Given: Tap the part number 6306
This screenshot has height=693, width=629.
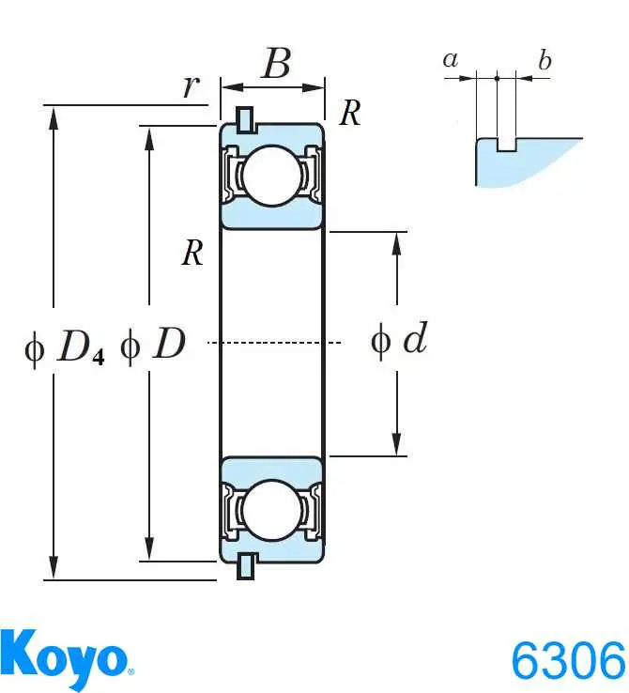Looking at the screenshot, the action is click(569, 661).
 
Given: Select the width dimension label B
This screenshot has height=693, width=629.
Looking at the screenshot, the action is click(277, 63).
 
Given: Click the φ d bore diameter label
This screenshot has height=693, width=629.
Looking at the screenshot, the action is click(399, 339).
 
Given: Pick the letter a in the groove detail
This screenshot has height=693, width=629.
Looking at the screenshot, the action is click(451, 60).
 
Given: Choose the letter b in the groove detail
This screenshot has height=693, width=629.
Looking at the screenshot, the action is click(545, 59).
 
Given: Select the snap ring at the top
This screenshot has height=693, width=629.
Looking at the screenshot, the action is click(246, 119).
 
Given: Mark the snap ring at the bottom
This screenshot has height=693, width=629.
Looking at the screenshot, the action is click(246, 566).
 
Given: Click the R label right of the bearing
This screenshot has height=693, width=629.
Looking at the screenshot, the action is click(350, 113).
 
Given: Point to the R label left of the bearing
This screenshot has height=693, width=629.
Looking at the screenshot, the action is click(192, 254).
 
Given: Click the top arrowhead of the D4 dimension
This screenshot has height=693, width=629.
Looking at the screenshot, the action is click(54, 117).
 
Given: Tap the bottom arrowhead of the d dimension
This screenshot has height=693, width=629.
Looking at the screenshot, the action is click(397, 444).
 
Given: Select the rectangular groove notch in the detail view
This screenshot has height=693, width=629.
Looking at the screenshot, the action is click(506, 145).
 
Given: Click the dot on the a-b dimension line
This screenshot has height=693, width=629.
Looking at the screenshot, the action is click(497, 78).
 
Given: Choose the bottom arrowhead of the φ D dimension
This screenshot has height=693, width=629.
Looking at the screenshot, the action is click(149, 549).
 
